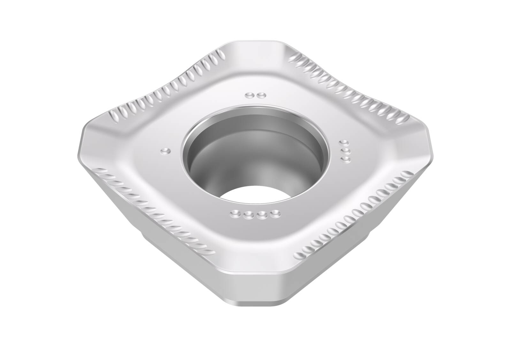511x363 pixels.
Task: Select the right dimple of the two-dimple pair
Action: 262,95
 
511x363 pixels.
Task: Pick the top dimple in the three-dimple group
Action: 344,142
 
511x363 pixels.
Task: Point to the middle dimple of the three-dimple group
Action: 344,150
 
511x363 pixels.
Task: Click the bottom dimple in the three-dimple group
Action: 345,158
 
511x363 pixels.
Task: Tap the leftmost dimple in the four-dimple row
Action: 237,213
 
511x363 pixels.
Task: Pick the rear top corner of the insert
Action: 256,45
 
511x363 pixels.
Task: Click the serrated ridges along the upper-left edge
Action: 166,86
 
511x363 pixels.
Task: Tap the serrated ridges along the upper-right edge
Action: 348,86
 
